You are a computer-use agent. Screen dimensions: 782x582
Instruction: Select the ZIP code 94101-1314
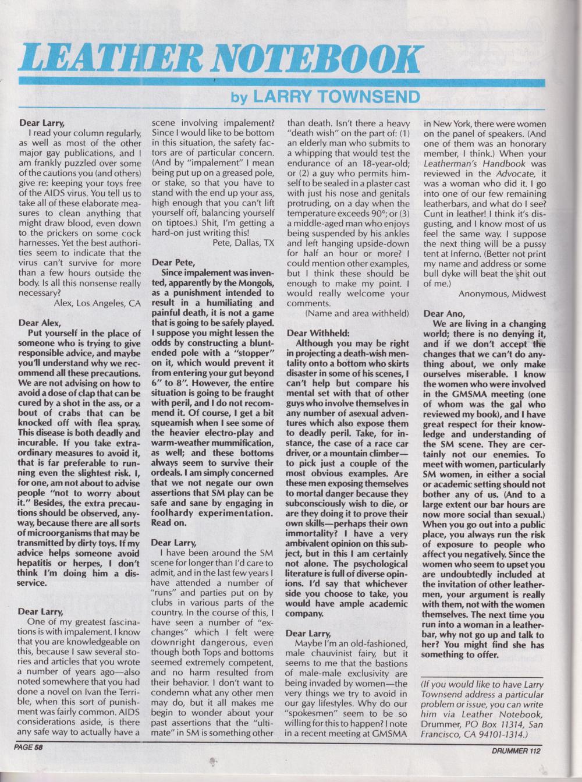point(498,735)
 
